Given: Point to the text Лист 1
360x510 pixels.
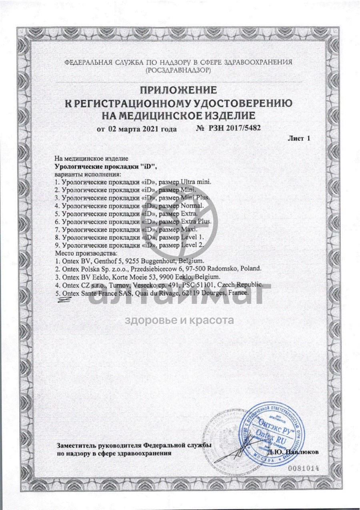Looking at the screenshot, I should click(x=299, y=139).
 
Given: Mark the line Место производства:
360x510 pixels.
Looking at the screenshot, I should click(x=86, y=253).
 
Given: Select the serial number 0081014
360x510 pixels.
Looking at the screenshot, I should click(x=304, y=468).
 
